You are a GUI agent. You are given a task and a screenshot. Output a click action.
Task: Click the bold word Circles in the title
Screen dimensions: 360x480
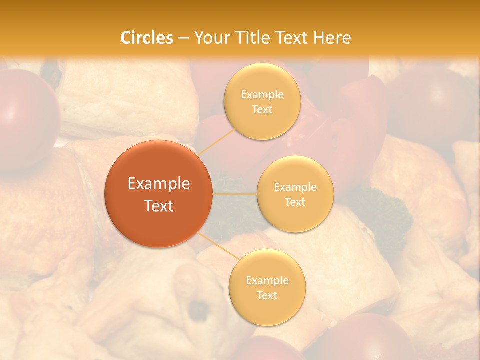pos(147,38)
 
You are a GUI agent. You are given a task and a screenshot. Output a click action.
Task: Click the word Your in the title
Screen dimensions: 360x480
pos(211,38)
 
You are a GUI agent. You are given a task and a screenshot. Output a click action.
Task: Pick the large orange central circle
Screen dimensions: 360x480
pos(158,194)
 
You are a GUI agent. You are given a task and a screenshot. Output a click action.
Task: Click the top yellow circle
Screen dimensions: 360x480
pos(262,101)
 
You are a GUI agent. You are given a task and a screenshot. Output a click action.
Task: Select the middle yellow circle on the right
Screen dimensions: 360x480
pos(295,194)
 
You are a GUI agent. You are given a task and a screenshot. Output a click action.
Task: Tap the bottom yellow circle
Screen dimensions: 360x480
pos(267,287)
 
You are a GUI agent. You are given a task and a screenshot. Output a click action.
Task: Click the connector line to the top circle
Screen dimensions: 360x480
pos(217,142)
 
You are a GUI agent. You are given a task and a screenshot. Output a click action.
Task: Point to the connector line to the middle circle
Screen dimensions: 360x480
pos(234,194)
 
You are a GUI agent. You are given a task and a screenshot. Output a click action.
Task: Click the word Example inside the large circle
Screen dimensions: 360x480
pos(158,184)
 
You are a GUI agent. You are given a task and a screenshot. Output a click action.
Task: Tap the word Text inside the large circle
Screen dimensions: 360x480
pos(158,206)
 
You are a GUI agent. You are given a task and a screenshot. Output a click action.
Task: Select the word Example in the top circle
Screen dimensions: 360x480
pos(262,94)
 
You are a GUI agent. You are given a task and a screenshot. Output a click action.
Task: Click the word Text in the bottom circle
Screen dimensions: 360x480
pos(267,295)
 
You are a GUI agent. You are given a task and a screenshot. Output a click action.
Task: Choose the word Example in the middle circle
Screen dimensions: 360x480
pos(295,187)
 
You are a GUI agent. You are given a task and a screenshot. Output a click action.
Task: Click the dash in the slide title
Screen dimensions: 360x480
pos(183,38)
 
